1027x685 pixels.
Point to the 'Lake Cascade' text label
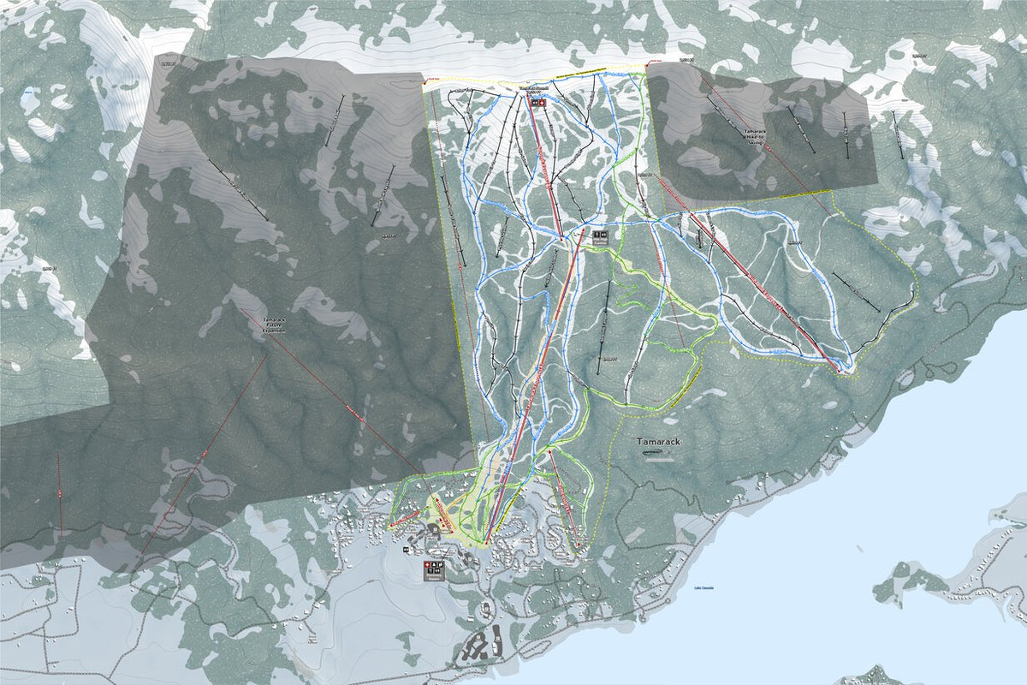[x=703, y=588]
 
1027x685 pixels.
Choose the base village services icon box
[x=434, y=569]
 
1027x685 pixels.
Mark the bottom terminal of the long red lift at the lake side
[x=842, y=369]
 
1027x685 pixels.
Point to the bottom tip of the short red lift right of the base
[x=578, y=545]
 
